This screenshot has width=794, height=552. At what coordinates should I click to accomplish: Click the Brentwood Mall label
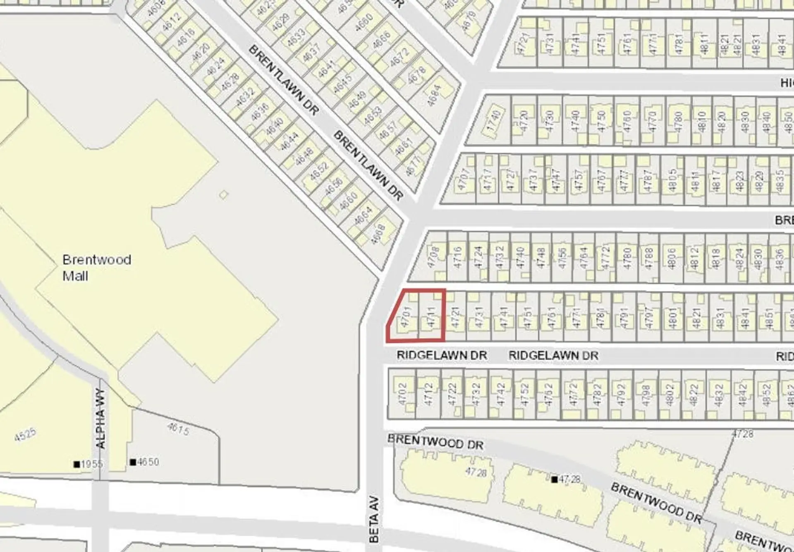coord(96,268)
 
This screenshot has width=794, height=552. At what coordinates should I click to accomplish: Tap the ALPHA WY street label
coord(100,419)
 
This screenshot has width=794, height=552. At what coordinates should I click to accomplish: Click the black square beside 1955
coord(77,464)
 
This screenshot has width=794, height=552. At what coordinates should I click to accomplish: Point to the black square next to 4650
coord(133,462)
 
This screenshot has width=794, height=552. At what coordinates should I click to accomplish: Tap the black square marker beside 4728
coord(554,479)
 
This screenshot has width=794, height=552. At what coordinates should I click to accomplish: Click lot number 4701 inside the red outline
coord(406,317)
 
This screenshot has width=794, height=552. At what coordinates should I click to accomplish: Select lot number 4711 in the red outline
coord(431,317)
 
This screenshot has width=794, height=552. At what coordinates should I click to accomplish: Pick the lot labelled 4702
coord(402,394)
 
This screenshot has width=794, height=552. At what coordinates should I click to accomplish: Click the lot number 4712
coord(428,394)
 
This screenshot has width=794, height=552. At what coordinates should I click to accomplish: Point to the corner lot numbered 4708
coord(433,257)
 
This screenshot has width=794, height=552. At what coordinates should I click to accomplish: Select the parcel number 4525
coord(25,435)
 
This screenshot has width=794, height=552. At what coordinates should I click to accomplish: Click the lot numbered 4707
coord(463,179)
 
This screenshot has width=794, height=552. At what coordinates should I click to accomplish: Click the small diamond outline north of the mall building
coord(223,194)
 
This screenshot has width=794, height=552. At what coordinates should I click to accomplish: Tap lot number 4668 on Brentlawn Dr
coord(378,234)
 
